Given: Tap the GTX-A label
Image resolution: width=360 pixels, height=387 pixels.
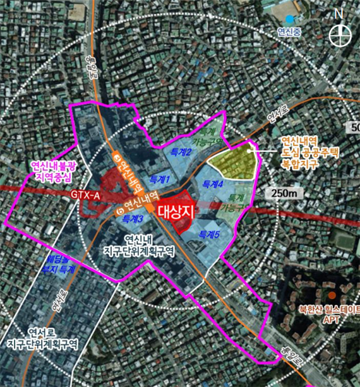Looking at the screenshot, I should (x=87, y=196).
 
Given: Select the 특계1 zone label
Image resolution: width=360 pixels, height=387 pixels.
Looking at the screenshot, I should (x=159, y=180).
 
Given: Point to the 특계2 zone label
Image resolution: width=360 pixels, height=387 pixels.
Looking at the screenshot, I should (x=181, y=153).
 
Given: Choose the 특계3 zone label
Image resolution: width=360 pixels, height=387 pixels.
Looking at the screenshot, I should (x=133, y=218).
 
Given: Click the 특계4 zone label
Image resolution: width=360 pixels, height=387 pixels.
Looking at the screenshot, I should (x=213, y=185).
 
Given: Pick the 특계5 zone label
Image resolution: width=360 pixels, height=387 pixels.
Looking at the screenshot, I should (x=209, y=234).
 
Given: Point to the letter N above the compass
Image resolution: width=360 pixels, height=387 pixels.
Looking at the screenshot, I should (x=340, y=13).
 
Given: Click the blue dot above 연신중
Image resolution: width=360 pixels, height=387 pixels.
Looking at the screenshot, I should (x=289, y=20).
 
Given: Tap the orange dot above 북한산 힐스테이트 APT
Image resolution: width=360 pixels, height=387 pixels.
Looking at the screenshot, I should (x=331, y=295).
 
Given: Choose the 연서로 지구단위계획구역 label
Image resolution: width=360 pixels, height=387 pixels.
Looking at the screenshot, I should (x=53, y=339).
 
